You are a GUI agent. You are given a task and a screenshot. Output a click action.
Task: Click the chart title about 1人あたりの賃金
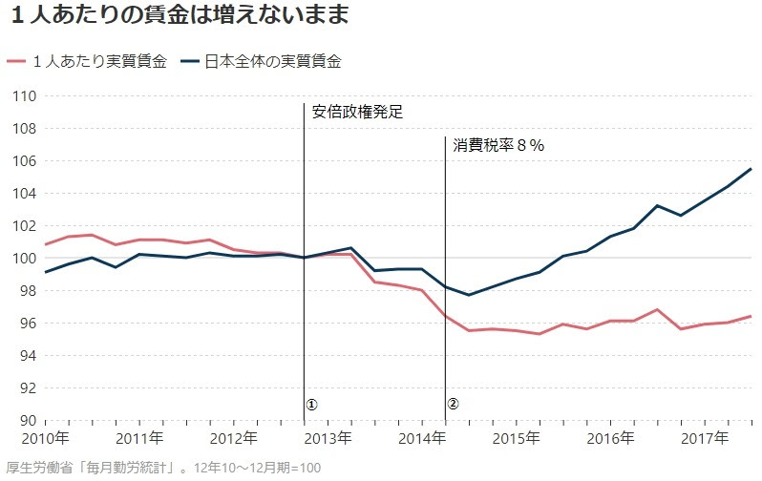tap(177, 16)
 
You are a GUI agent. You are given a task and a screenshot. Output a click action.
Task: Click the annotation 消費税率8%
tap(497, 145)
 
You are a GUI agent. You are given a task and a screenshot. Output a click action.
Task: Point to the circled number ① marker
tap(311, 404)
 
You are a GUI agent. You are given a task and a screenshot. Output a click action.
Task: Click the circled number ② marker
tap(454, 404)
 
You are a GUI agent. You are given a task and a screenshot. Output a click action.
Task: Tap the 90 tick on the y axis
tap(28, 420)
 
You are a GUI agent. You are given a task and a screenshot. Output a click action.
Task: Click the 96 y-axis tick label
tap(28, 324)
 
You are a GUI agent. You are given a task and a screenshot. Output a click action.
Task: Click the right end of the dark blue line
tap(751, 169)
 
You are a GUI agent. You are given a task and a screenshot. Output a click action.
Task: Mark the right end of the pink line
tap(751, 316)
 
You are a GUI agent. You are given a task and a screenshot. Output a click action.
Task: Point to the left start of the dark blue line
tap(45, 272)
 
